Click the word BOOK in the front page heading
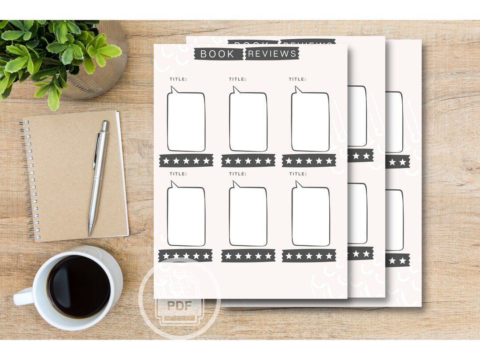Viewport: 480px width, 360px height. [217, 54]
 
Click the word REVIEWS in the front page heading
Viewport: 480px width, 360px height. [272, 54]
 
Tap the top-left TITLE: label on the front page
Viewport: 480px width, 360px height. [178, 79]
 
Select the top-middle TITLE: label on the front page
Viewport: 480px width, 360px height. [238, 79]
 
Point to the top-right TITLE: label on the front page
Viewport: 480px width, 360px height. [297, 79]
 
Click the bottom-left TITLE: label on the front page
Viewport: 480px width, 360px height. [178, 174]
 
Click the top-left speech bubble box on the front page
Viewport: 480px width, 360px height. [186, 122]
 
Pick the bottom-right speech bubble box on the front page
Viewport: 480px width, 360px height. [311, 216]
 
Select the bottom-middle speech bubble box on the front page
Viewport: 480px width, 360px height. [248, 216]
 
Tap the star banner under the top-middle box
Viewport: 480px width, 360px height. [248, 160]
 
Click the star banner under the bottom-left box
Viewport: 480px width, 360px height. [186, 256]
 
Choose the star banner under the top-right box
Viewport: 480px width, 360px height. [309, 160]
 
